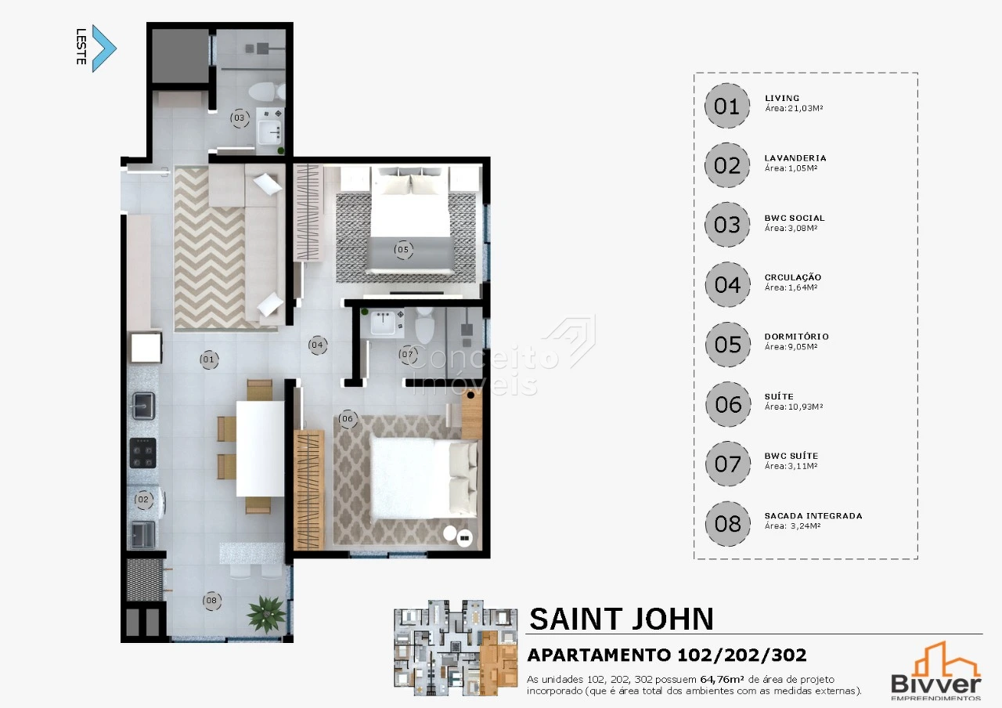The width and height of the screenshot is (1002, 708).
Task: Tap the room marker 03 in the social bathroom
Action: pos(240,118)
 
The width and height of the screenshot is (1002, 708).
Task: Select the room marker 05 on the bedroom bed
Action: pos(403,250)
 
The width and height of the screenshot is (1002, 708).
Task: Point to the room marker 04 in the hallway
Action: pos(318,345)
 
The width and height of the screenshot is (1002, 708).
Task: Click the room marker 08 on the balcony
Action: pos(211,601)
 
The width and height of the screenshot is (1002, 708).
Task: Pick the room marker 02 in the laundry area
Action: pos(143,500)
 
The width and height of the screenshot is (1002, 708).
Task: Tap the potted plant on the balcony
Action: pos(266,614)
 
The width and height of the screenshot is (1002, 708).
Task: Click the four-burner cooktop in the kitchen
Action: pos(143,453)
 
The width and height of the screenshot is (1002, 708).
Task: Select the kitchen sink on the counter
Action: pos(143,406)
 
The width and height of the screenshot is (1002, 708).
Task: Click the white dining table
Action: pos(260,449)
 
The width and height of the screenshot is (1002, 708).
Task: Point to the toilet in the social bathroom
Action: pos(267,92)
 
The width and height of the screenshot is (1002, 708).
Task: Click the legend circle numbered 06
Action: pos(728,404)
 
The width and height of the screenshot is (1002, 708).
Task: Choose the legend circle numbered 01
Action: pos(727,106)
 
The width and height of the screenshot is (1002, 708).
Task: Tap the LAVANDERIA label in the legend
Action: pos(795,158)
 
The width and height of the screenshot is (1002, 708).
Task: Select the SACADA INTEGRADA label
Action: pos(813,515)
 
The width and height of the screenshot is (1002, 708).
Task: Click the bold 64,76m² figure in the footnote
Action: pos(722,679)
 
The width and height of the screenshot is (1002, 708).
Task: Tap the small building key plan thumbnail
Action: pos(456,648)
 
